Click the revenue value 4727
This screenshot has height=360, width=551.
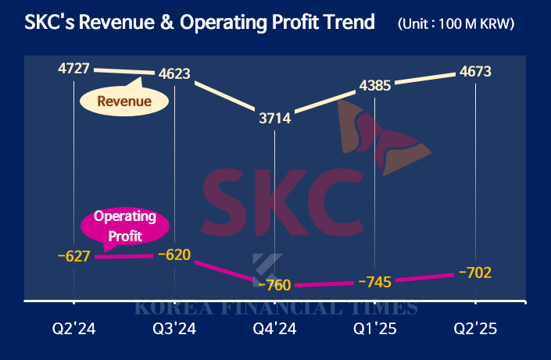coord(74,69)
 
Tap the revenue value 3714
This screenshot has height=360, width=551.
coord(275,119)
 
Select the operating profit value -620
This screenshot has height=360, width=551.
coord(174,254)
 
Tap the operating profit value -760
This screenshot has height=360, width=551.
coord(275,284)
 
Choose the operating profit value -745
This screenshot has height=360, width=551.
coord(375,281)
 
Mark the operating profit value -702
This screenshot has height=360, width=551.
coord(475,273)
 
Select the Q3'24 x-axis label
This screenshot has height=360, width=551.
coord(174,330)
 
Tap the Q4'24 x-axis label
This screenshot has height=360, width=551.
coord(275,330)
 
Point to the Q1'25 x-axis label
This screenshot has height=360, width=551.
coord(375,330)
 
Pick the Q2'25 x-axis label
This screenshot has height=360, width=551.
coord(475,330)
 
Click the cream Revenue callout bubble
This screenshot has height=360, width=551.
coord(123,101)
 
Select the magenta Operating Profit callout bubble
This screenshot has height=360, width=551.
coord(125,225)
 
